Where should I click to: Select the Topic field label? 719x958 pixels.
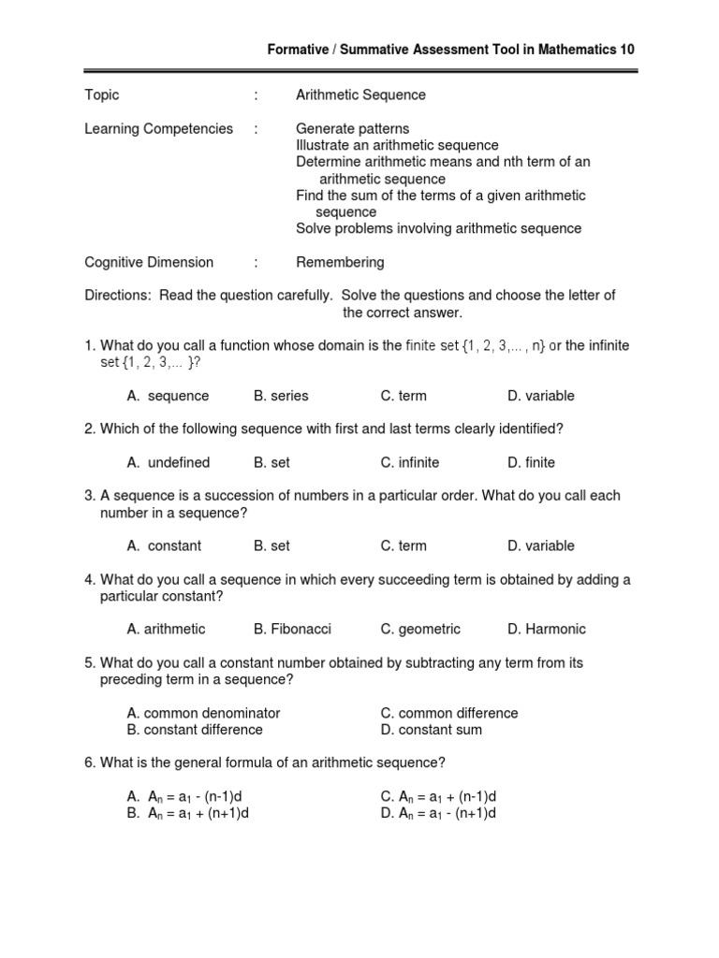[102, 95]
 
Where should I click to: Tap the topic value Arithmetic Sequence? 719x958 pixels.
[360, 95]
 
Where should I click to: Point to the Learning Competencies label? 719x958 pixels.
[158, 129]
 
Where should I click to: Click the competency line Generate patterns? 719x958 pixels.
[352, 129]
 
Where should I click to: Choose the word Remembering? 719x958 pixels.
[340, 263]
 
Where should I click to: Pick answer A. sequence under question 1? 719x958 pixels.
[169, 396]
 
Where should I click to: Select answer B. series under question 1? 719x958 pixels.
[281, 396]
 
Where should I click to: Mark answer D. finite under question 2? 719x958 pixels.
[531, 463]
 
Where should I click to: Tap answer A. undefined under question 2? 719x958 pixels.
[169, 463]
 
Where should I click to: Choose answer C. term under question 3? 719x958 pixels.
[404, 546]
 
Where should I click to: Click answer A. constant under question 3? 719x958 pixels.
[165, 546]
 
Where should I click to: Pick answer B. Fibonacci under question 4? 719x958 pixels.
[292, 630]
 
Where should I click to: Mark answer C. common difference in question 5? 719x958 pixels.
[449, 713]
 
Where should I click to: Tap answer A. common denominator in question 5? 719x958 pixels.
[204, 713]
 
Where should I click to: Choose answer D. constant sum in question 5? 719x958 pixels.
[432, 730]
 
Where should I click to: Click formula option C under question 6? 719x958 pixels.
[438, 797]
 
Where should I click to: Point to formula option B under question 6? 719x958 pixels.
[188, 814]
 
